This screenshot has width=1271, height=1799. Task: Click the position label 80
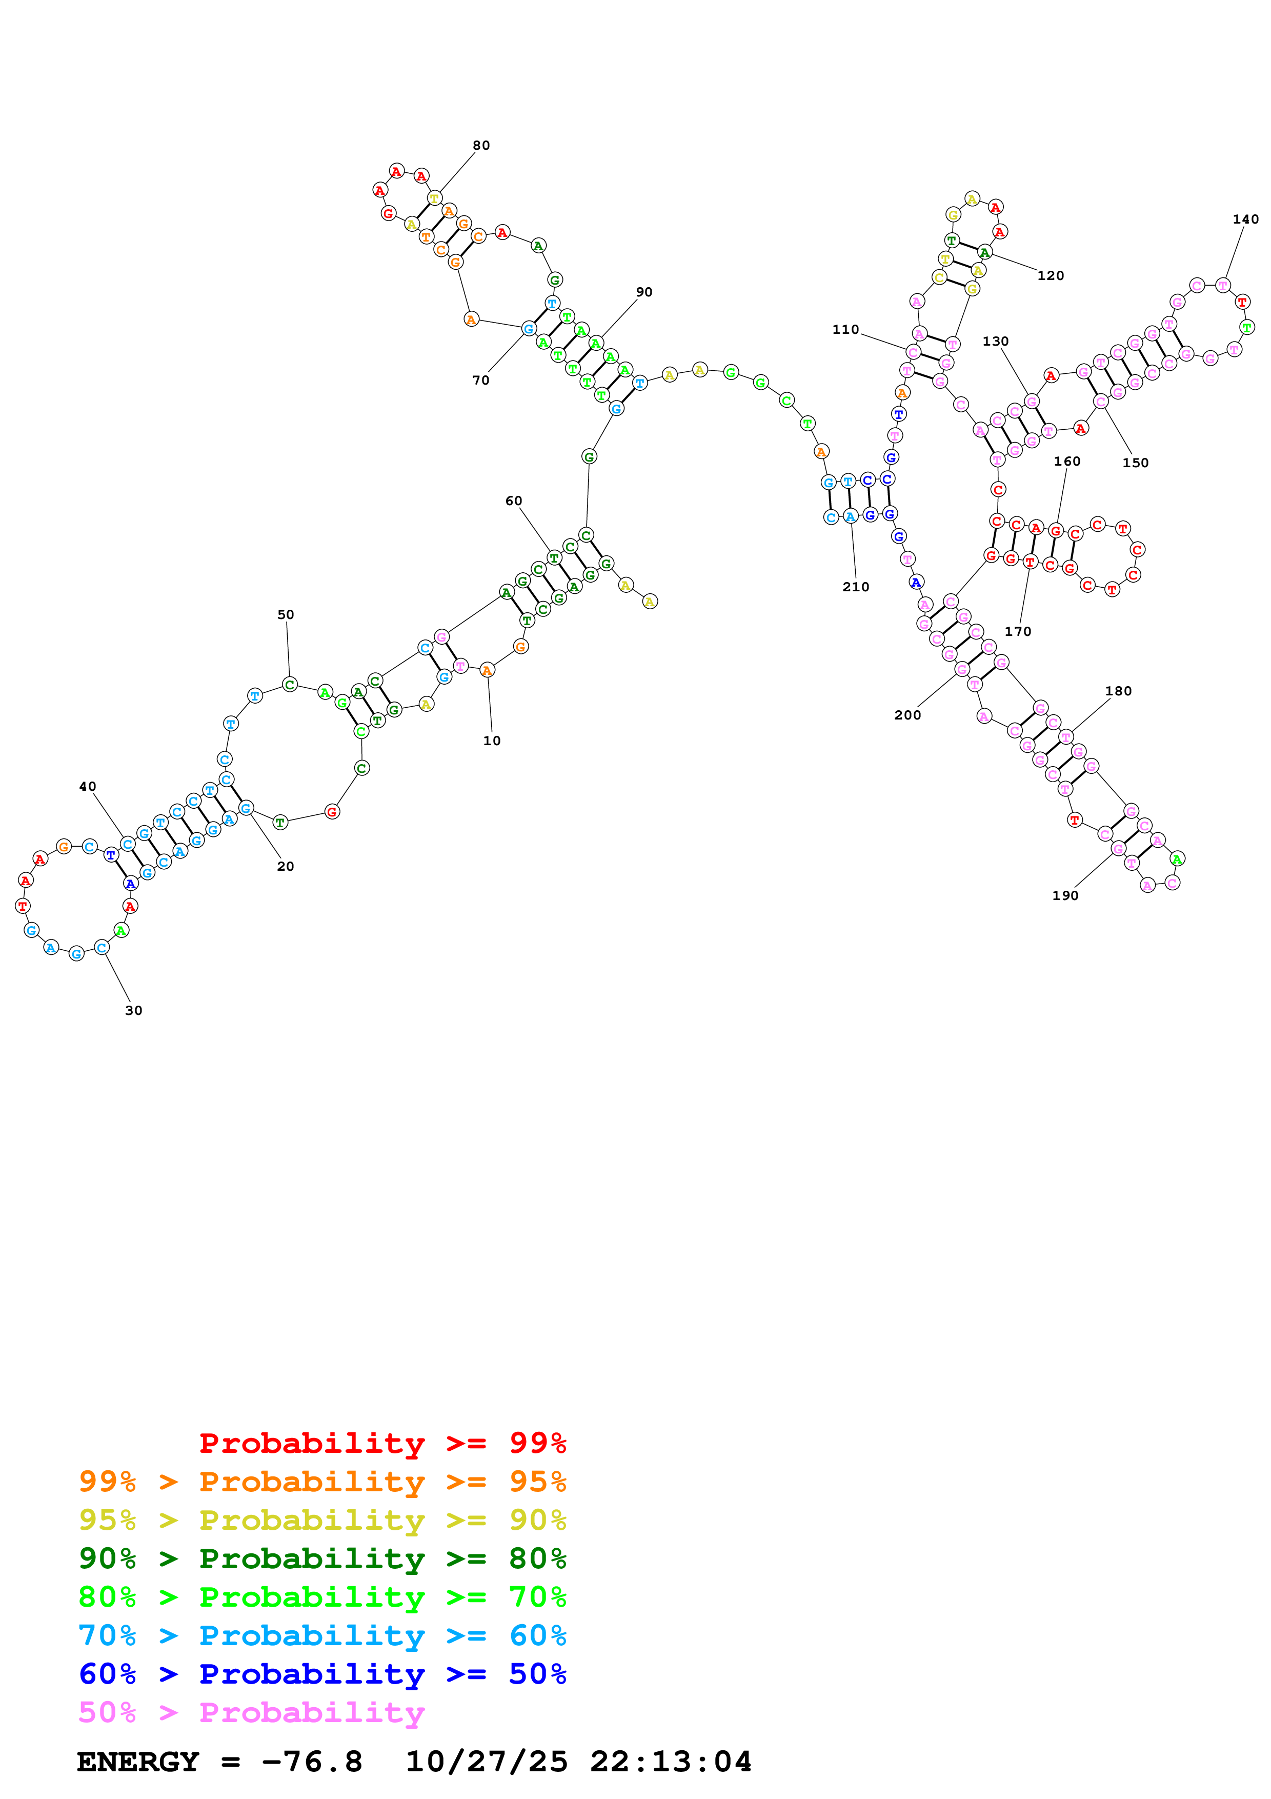point(481,146)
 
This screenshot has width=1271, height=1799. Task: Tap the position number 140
point(1245,219)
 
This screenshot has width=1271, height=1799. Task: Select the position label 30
point(134,1011)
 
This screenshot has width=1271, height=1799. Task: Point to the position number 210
point(855,587)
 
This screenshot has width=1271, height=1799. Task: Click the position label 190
point(1065,895)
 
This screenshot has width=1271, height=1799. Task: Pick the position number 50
point(286,615)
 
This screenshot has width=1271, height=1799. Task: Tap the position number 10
point(492,741)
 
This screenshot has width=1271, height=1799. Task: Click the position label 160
point(1066,462)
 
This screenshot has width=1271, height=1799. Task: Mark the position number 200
point(907,714)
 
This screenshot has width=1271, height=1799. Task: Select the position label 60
point(514,501)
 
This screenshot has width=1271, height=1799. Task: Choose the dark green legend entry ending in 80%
point(322,1558)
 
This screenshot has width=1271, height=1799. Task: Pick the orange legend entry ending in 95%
point(322,1482)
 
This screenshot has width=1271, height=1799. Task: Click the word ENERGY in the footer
point(138,1762)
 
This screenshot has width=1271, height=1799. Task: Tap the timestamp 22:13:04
point(670,1762)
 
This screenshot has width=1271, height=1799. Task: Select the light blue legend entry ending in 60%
point(322,1635)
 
